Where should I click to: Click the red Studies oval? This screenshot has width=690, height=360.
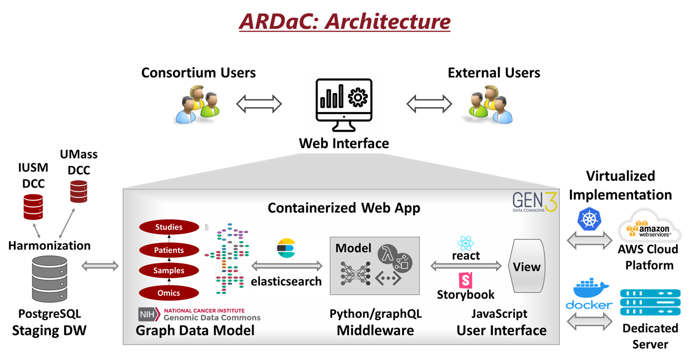169,227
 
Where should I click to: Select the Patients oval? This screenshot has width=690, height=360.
169,250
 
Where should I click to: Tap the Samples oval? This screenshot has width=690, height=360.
169,271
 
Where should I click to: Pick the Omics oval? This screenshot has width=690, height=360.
169,293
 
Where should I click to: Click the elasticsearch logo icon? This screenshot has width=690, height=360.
286,248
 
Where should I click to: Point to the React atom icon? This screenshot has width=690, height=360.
465,243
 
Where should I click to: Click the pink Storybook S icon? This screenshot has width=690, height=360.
465,280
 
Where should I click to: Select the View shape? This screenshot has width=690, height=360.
526,266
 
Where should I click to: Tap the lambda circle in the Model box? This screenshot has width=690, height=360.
387,254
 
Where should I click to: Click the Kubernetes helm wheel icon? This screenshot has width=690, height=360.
589,219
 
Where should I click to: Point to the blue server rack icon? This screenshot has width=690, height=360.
650,302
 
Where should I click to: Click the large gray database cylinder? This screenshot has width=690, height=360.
50,279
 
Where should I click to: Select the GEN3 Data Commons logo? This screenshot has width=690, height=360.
534,202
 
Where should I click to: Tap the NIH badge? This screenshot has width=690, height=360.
149,315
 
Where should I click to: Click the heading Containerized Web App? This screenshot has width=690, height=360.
343,208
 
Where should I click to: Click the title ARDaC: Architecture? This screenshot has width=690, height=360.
345,21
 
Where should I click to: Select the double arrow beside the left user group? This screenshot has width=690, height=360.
259,104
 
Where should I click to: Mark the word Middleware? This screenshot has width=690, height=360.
375,331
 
